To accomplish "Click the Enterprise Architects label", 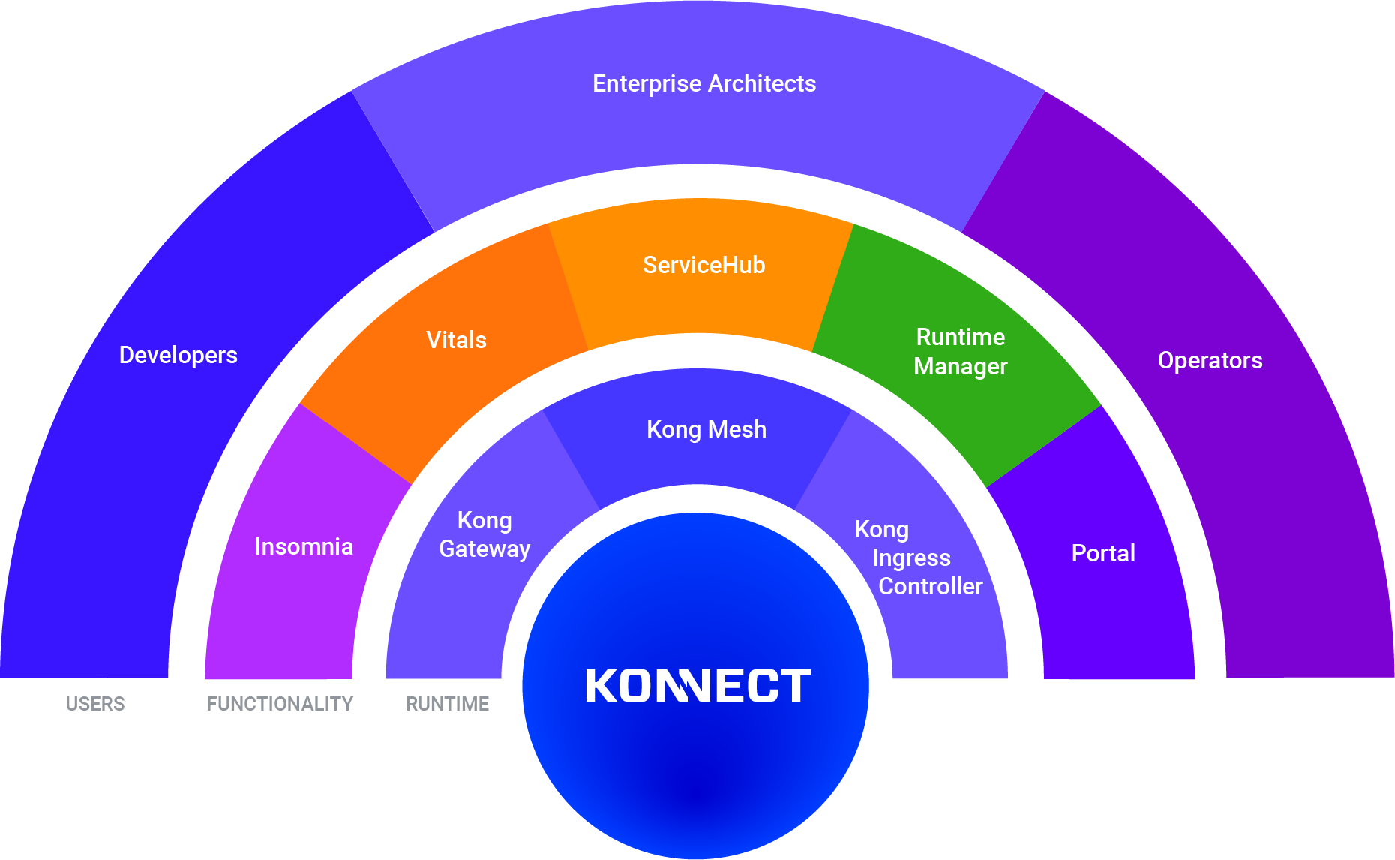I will pyautogui.click(x=704, y=83).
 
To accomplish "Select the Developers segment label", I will pyautogui.click(x=178, y=355).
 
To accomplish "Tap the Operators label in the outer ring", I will pyautogui.click(x=1210, y=360).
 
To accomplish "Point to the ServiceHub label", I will pyautogui.click(x=703, y=265).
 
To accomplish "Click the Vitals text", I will pyautogui.click(x=456, y=340).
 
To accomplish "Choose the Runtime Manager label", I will pyautogui.click(x=960, y=351).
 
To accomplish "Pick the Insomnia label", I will pyautogui.click(x=304, y=546).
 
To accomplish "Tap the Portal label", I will pyautogui.click(x=1103, y=553).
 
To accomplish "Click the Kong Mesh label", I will pyautogui.click(x=706, y=429).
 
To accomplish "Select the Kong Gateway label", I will pyautogui.click(x=484, y=534).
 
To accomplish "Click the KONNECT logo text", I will pyautogui.click(x=697, y=686).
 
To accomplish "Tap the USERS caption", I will pyautogui.click(x=95, y=704).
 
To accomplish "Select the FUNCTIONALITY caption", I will pyautogui.click(x=280, y=704).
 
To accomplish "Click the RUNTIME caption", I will pyautogui.click(x=447, y=704).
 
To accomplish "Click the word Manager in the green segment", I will pyautogui.click(x=960, y=366).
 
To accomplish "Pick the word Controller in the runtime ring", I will pyautogui.click(x=930, y=586).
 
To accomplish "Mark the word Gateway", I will pyautogui.click(x=484, y=549).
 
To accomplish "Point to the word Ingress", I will pyautogui.click(x=911, y=558).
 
